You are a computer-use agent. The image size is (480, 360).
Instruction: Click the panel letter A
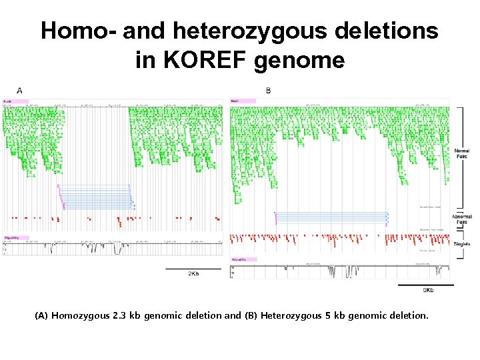click(x=19, y=90)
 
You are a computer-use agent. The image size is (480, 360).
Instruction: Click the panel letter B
click(x=268, y=90)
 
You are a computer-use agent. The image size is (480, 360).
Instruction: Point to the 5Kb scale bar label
click(x=428, y=290)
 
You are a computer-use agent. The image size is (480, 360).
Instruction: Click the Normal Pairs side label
click(x=461, y=153)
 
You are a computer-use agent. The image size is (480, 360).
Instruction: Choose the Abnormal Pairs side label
click(x=461, y=219)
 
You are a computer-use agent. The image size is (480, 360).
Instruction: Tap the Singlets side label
click(x=461, y=244)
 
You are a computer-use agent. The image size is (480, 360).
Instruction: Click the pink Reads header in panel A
click(x=15, y=101)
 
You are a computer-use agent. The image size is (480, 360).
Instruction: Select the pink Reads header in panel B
click(x=243, y=101)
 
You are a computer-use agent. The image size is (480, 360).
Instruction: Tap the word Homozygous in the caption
click(x=79, y=315)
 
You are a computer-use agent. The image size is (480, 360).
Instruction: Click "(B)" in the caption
click(x=251, y=315)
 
